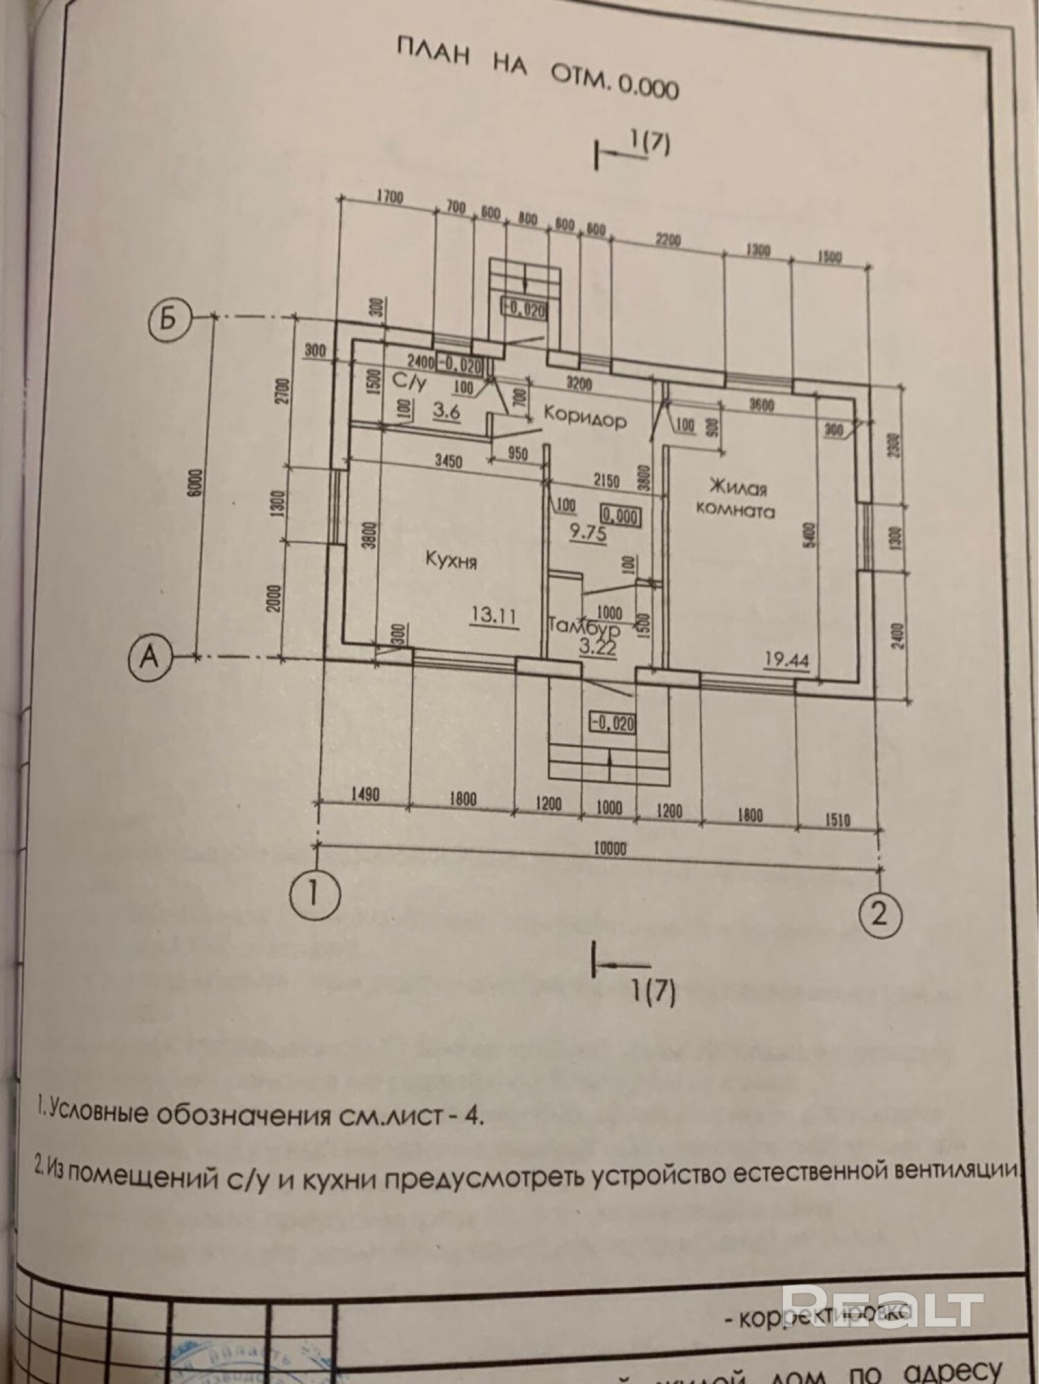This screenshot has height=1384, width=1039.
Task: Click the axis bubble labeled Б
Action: click(x=169, y=320)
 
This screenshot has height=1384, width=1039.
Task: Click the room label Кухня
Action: click(x=451, y=560)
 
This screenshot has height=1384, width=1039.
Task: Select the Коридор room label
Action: click(x=585, y=417)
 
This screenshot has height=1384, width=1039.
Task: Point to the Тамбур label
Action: click(x=583, y=628)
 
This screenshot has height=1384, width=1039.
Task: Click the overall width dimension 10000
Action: click(x=609, y=848)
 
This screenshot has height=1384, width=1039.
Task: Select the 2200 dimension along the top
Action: click(x=668, y=241)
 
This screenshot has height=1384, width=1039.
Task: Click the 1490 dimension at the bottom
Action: click(x=365, y=796)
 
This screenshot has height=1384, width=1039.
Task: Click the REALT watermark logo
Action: click(x=887, y=1306)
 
